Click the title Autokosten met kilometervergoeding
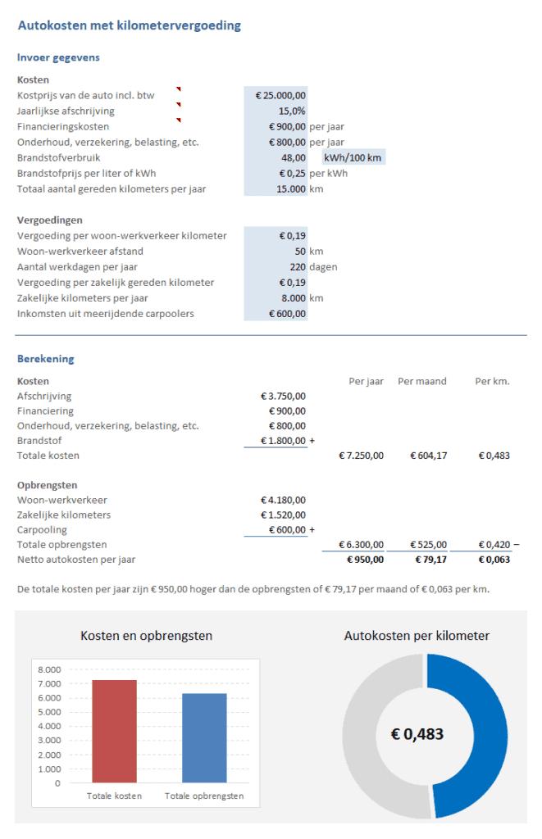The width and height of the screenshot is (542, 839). point(130,25)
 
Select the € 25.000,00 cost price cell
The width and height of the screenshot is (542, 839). point(280,95)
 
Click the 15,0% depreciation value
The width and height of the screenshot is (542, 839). point(291,111)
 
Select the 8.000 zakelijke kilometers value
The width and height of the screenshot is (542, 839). point(290,297)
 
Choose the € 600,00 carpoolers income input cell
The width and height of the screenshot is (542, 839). point(287,313)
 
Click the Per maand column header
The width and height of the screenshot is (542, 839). point(421,381)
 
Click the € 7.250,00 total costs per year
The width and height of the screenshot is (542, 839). point(361,455)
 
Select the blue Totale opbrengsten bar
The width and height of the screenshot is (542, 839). point(204,737)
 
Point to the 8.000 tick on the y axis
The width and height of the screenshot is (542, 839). point(49,669)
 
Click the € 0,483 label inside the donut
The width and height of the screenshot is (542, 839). point(417,734)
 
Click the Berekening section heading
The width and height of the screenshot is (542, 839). point(46,359)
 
